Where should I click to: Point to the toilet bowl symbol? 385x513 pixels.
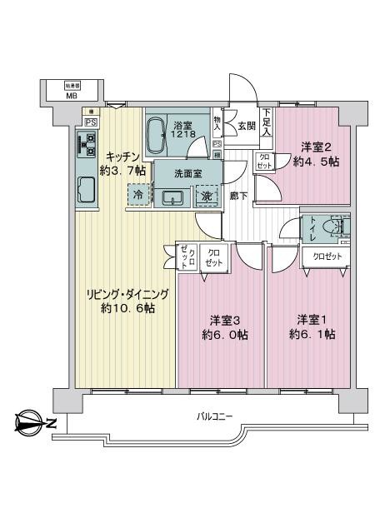(337, 227)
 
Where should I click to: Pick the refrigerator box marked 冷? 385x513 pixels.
(138, 195)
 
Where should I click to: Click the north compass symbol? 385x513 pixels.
(32, 422)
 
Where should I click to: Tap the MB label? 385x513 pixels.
(72, 95)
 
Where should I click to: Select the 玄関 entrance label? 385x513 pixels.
(246, 127)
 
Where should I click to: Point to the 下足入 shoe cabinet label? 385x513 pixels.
(267, 122)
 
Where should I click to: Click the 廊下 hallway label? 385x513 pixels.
(239, 195)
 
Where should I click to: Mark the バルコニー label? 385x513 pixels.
(214, 416)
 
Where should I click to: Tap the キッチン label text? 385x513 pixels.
(122, 156)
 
